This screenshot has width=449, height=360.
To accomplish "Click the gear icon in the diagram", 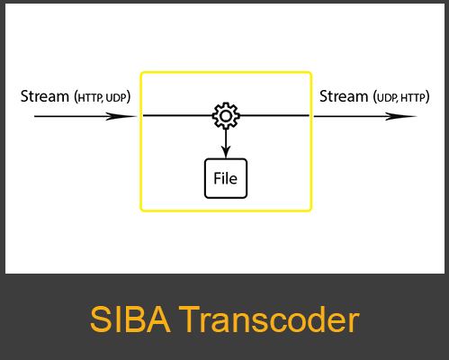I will coord(225,115).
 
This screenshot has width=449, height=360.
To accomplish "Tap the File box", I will coord(225,178).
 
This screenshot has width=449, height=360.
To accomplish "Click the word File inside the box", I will coord(225,178).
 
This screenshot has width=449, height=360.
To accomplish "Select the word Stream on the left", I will coord(44,96).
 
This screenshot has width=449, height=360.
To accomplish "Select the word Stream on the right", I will coord(344,95).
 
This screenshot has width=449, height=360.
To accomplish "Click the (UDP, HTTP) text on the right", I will coord(400,96).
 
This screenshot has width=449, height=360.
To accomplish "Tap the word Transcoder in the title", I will coord(270,320).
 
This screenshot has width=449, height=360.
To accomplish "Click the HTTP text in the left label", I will coord(91,97).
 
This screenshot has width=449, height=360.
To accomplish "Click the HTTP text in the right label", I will coord(413,96).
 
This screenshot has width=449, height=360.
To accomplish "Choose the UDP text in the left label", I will coord(118,97).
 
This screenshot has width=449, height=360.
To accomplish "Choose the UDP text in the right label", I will coord(385,96).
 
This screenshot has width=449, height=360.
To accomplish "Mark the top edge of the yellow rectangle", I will coord(225,73).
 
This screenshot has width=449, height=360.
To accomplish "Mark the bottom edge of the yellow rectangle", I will coord(225,211).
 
